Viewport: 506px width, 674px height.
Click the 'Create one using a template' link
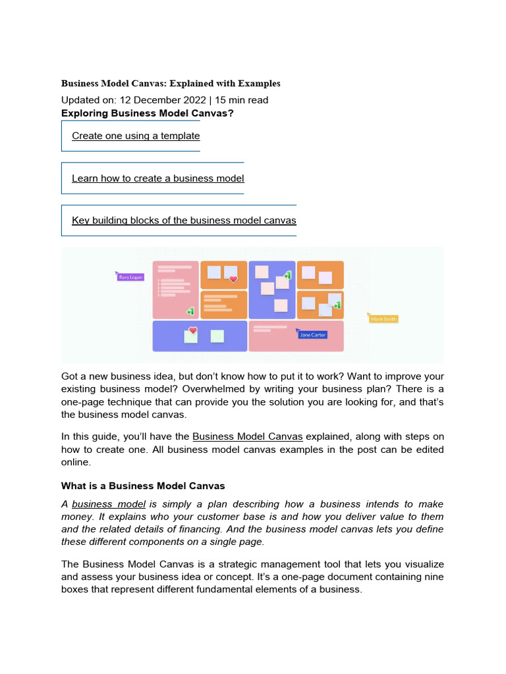(136, 136)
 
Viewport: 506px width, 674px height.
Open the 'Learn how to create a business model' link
(157, 178)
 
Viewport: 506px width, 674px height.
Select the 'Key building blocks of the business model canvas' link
(184, 220)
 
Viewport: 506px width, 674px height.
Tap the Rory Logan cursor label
(130, 277)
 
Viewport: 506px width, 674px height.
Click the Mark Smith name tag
(383, 319)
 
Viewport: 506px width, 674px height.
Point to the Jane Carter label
(312, 335)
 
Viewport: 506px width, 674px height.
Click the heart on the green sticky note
(192, 330)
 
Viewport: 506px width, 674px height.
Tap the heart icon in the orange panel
(233, 279)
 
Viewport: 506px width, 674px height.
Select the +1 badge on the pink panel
(190, 311)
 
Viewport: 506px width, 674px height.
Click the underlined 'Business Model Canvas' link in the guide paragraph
(248, 436)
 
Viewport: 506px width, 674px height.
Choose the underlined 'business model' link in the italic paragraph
(109, 505)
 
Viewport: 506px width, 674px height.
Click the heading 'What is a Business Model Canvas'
(143, 486)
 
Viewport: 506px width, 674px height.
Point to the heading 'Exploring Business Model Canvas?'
(148, 113)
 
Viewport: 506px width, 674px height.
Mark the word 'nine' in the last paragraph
(434, 577)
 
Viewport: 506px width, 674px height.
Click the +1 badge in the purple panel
(287, 275)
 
